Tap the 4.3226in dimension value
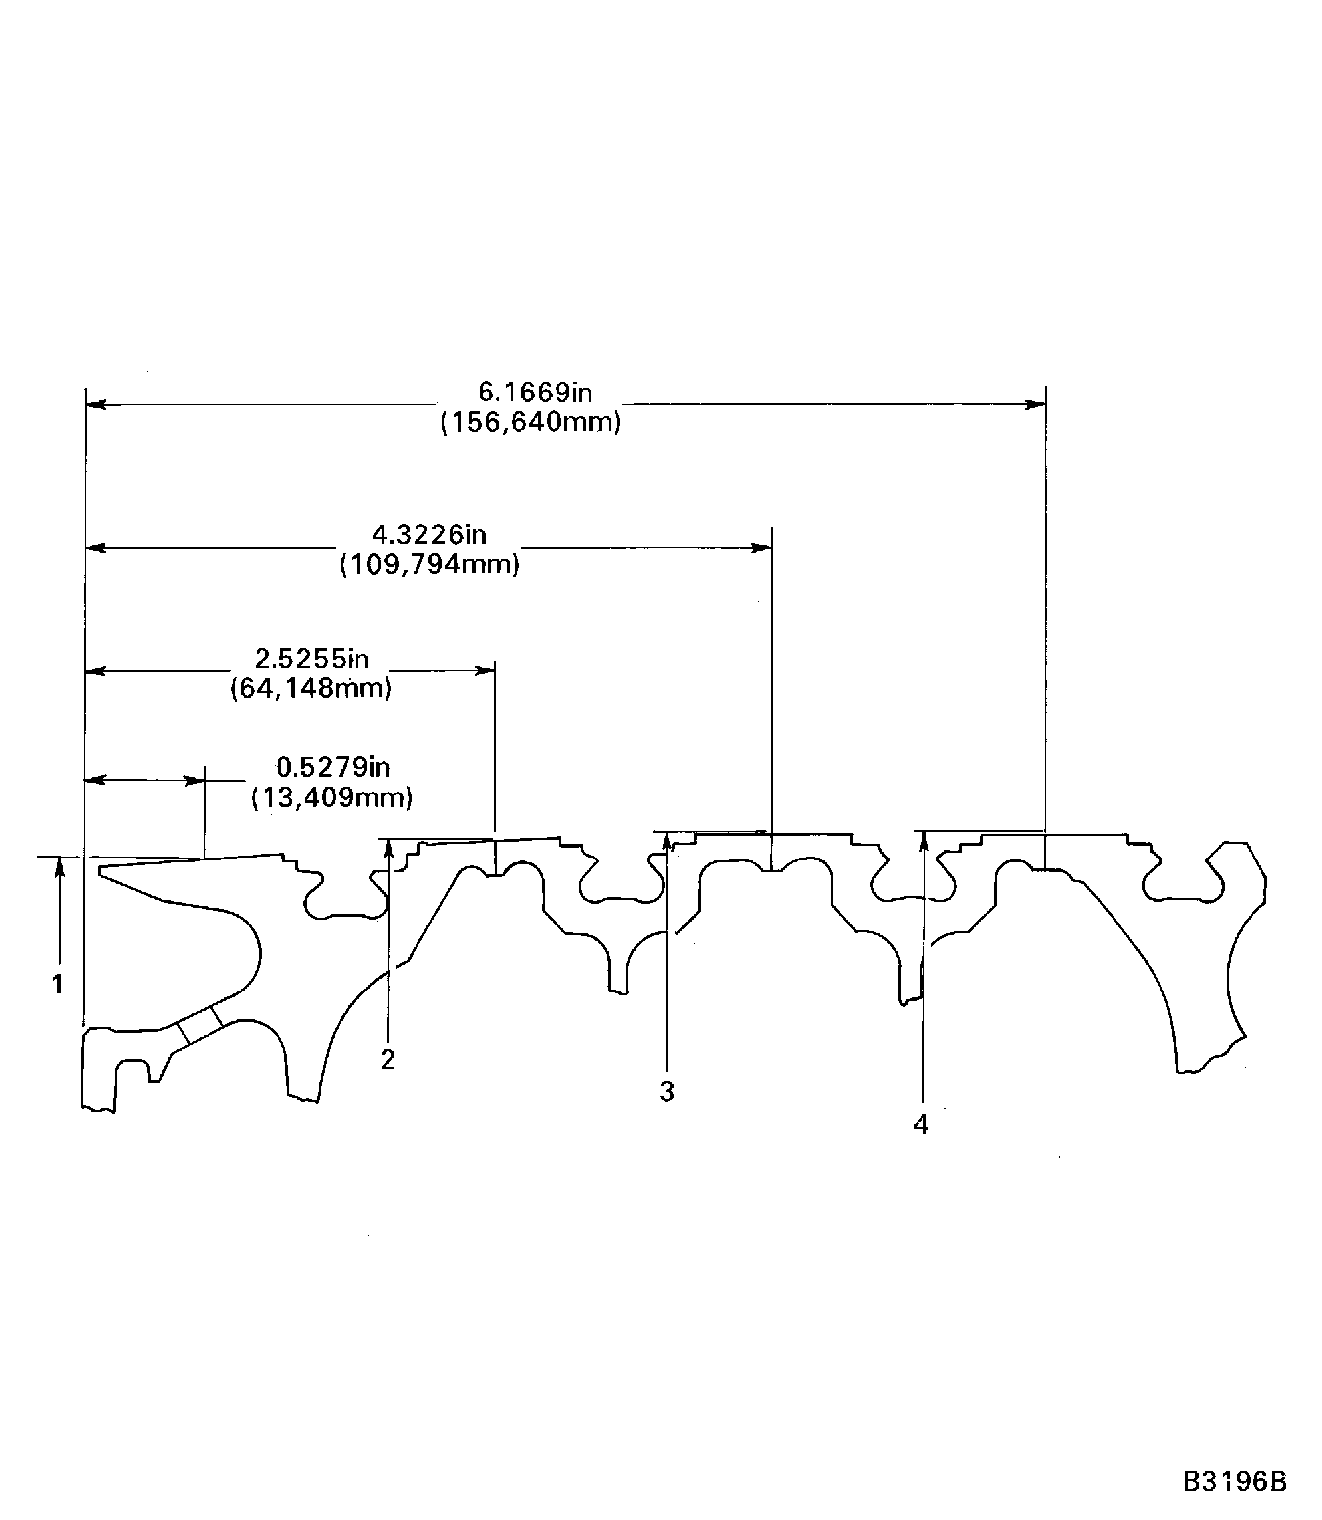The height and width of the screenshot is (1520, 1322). [x=428, y=534]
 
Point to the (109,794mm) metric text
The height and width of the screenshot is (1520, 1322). [x=429, y=565]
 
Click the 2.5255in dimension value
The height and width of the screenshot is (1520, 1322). [x=311, y=659]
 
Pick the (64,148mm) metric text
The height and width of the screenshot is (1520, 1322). [x=311, y=689]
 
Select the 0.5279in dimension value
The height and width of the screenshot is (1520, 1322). [x=333, y=768]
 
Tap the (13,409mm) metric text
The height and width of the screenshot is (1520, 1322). [x=332, y=798]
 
